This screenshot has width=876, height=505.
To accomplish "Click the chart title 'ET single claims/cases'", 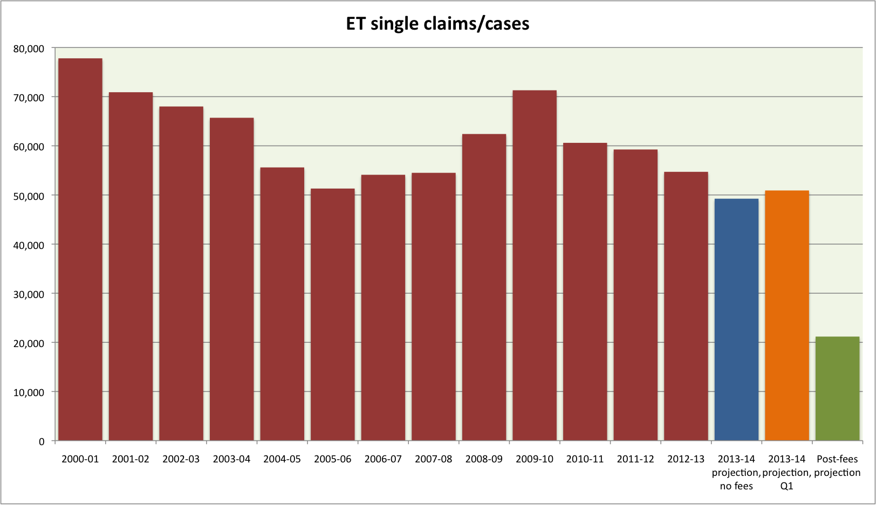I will [437, 24].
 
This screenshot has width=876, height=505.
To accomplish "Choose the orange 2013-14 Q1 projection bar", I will [787, 315].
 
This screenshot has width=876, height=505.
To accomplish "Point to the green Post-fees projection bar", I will [837, 389].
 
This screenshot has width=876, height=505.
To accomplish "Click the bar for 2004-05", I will [282, 304].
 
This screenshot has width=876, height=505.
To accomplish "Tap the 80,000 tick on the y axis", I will [29, 49].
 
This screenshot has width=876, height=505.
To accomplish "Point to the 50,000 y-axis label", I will [29, 196].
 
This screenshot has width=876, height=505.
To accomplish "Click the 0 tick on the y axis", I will [42, 442].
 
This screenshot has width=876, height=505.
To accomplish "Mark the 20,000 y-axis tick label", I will [29, 343].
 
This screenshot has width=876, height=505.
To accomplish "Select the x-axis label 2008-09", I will [484, 459].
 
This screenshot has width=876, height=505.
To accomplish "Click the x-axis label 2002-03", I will [181, 459].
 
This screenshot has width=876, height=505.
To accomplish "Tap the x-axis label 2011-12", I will [635, 459].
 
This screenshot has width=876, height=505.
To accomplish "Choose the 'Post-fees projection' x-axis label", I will [837, 466].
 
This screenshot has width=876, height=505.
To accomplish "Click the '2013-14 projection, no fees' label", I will [736, 472].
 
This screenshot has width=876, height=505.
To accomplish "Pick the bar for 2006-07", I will [383, 308].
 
